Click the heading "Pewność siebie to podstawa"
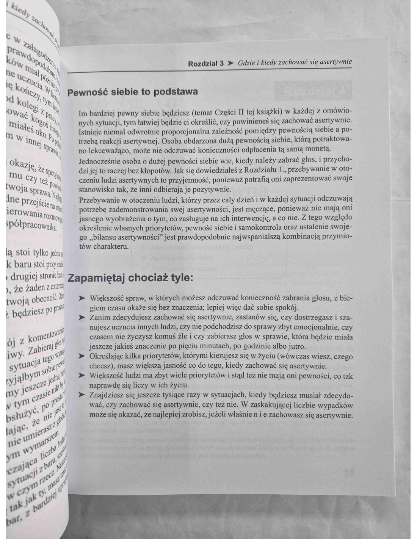[x=132, y=92]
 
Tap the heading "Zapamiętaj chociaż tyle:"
[x=130, y=278]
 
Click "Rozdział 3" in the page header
[x=206, y=64]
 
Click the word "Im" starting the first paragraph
[x=83, y=113]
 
